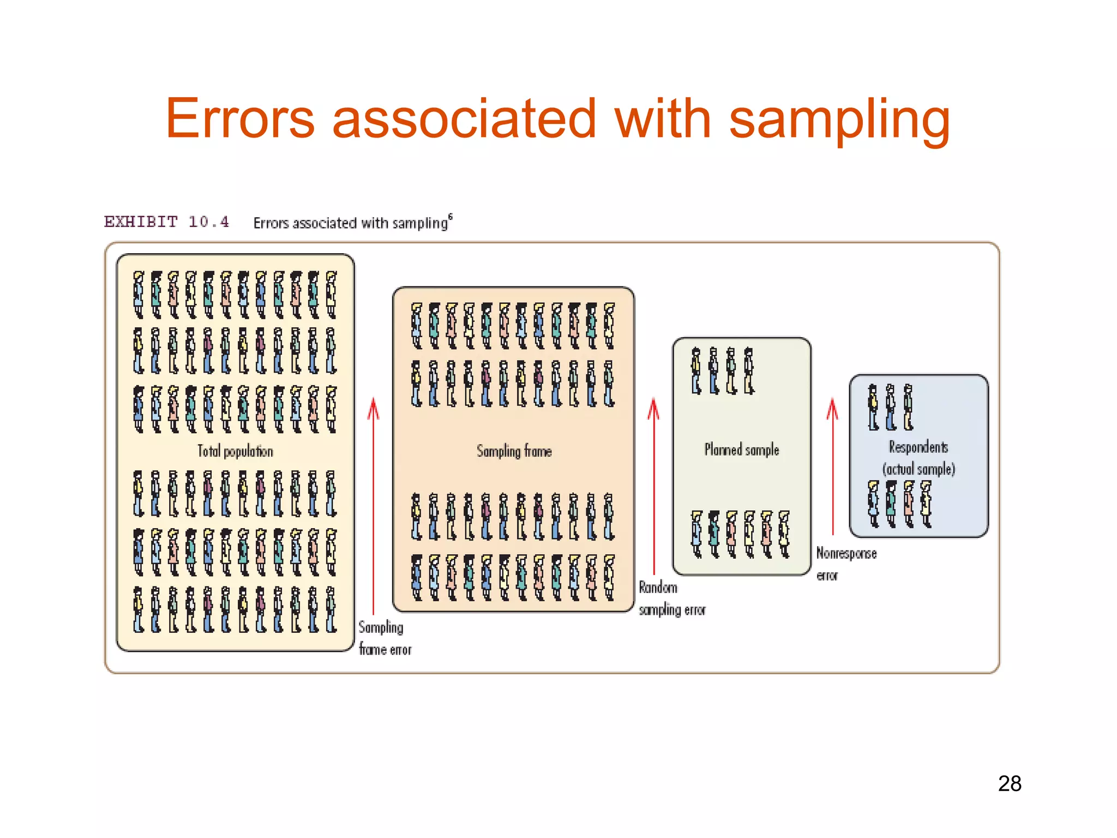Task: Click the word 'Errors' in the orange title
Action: (x=240, y=119)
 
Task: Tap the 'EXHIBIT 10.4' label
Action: (x=166, y=222)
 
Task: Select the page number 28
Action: (x=1009, y=784)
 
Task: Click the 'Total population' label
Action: (x=235, y=451)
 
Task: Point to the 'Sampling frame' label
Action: (x=514, y=451)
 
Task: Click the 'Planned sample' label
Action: (x=741, y=450)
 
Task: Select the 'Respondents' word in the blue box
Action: (x=918, y=447)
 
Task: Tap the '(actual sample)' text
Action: (x=918, y=469)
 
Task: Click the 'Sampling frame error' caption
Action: (x=384, y=638)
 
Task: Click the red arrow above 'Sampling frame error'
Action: (x=373, y=507)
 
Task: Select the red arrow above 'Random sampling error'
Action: (x=653, y=486)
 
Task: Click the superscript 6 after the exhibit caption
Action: (x=450, y=217)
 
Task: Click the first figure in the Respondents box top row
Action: (x=873, y=407)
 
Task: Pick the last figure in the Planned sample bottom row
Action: (x=784, y=534)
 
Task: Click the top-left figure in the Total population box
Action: (x=139, y=295)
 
